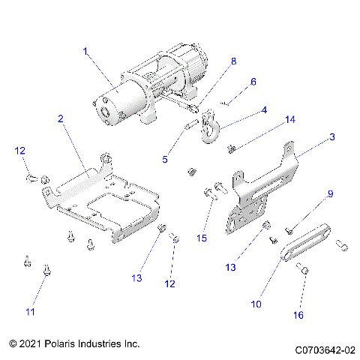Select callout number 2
[x=61, y=118]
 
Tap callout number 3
[x=310, y=136]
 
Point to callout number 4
[x=263, y=109]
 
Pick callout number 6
[x=253, y=81]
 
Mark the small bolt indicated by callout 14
[x=231, y=148]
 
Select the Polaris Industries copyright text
[x=75, y=343]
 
